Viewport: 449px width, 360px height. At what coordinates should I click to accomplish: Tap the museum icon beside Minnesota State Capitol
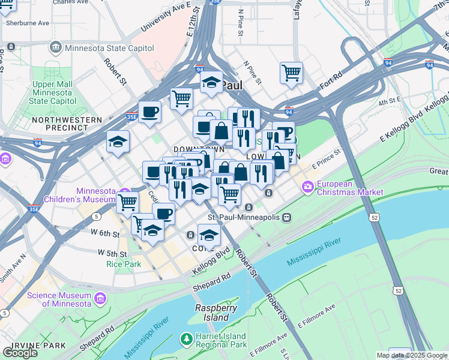click(x=56, y=47)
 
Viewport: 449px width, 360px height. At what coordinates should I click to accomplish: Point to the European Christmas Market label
click(x=351, y=187)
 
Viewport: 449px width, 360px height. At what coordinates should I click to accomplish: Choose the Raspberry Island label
click(x=212, y=312)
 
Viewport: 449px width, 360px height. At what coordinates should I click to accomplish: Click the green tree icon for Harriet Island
click(x=187, y=340)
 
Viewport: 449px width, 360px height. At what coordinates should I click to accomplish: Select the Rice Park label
click(x=123, y=263)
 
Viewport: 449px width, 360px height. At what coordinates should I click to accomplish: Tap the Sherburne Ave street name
click(x=27, y=23)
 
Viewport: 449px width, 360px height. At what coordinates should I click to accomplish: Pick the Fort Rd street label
click(x=331, y=80)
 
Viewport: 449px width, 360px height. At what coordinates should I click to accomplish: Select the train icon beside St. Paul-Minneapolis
click(x=288, y=217)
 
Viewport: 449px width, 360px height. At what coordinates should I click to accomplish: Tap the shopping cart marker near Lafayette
click(x=291, y=73)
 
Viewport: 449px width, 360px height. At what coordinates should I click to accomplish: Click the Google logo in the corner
click(x=20, y=352)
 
